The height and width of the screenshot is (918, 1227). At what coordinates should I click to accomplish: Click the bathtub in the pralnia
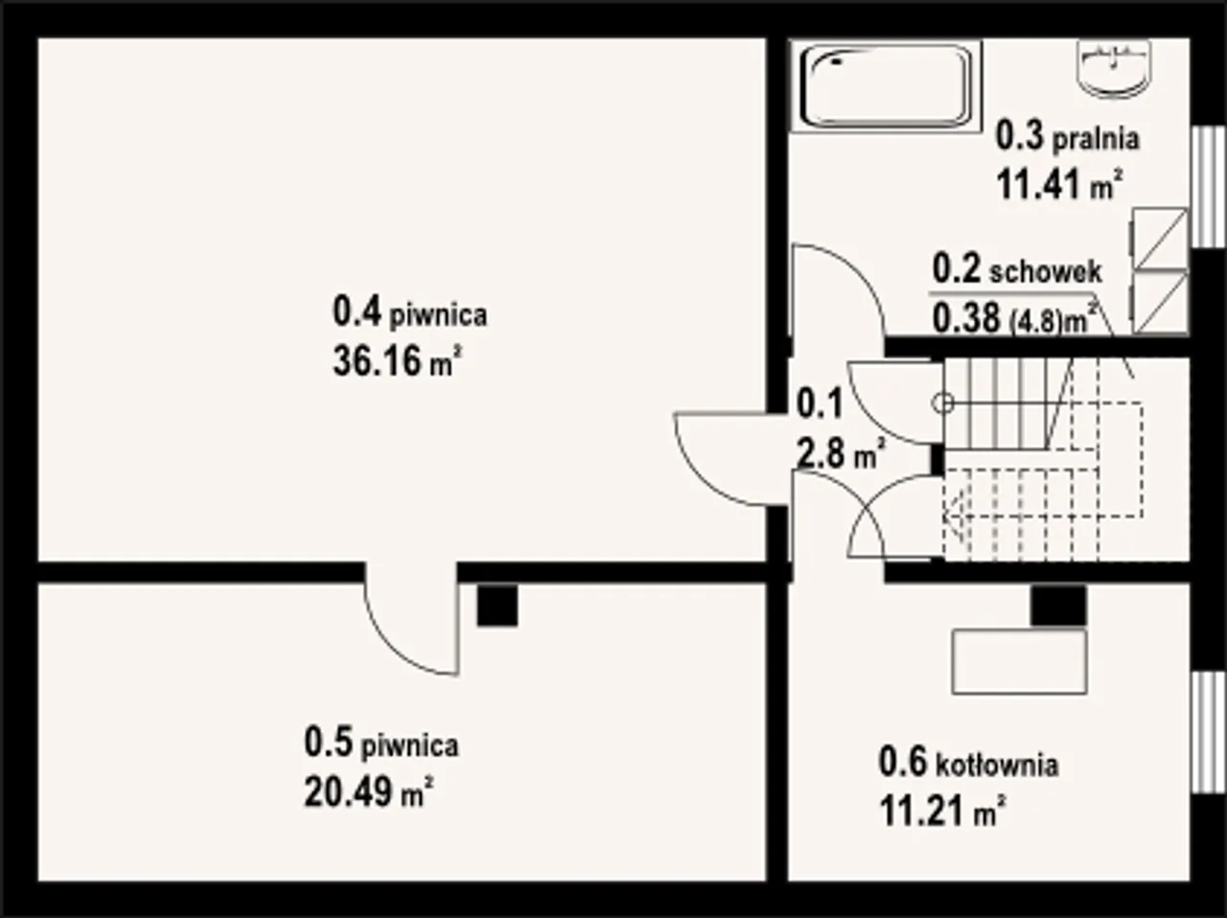point(886,85)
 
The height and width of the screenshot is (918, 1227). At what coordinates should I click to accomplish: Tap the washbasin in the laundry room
point(1115,70)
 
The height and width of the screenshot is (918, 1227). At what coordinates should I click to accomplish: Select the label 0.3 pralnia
point(1068,139)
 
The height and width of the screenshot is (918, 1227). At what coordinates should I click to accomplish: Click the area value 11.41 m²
point(1060,185)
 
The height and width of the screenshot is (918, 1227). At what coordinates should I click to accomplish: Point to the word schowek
point(1046,272)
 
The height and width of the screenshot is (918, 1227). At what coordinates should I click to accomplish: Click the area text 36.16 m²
point(398,361)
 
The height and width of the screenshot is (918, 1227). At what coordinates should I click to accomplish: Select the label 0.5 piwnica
point(382,743)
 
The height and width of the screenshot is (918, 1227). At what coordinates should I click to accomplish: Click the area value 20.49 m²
point(369,792)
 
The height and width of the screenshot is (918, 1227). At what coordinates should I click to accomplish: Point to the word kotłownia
point(997,765)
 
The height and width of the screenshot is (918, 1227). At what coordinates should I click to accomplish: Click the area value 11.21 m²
point(943,812)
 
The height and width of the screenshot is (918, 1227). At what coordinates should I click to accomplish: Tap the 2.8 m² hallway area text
point(841,452)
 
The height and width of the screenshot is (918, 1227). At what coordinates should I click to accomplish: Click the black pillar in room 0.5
point(497,605)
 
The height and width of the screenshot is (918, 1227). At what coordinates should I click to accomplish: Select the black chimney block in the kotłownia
point(1058,605)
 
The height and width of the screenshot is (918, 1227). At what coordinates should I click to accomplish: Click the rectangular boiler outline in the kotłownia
point(1019,662)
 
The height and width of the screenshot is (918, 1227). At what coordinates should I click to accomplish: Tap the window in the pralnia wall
point(1208,187)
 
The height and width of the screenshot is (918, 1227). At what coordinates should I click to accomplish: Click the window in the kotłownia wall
point(1208,732)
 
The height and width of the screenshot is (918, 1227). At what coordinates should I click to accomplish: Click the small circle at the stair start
point(943,402)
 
